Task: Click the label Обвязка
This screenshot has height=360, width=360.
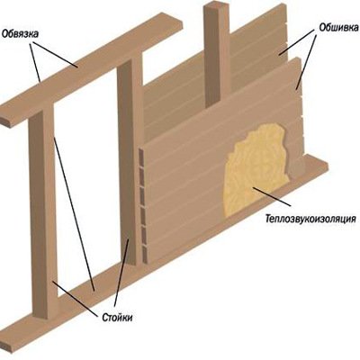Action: tap(20, 33)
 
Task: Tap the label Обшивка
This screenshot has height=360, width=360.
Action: tap(338, 28)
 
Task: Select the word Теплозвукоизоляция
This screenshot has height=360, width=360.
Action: tap(310, 218)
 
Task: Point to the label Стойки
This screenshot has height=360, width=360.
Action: tap(117, 318)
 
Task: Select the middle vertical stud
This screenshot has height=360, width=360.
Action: tap(130, 159)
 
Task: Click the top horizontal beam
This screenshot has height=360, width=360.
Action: tap(90, 69)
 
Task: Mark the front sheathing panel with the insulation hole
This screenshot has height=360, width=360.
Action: tap(222, 162)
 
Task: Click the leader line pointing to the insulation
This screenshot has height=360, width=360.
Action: tap(272, 196)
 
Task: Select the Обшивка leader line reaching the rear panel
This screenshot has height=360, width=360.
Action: tap(297, 42)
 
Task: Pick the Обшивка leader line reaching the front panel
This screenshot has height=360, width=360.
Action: tap(307, 61)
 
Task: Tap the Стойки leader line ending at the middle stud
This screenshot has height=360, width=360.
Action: tap(121, 272)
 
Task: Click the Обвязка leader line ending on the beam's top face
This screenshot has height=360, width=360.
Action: tap(55, 55)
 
